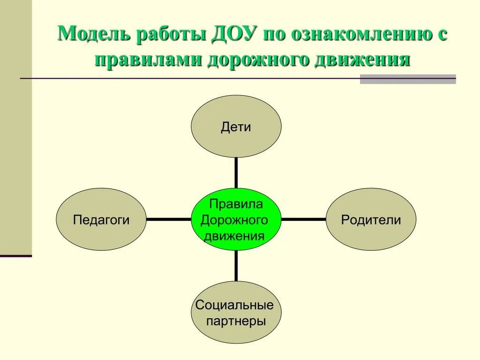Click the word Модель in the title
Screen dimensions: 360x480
click(93, 36)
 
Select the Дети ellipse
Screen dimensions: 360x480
click(236, 127)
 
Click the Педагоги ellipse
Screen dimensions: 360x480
click(101, 219)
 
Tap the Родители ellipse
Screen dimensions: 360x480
click(371, 219)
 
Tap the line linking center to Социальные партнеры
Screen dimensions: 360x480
click(236, 266)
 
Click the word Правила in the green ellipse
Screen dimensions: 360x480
click(236, 204)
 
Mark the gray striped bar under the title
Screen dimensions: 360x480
click(407, 79)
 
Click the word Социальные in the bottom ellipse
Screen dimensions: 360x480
click(234, 306)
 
